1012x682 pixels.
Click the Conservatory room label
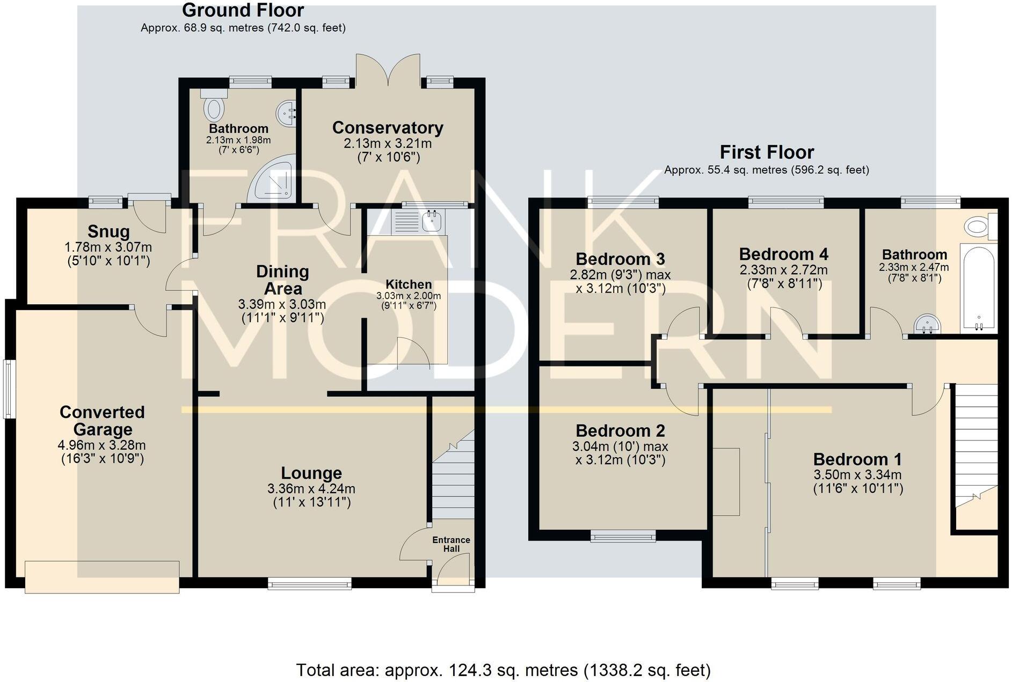(x=388, y=128)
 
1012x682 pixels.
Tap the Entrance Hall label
(x=451, y=544)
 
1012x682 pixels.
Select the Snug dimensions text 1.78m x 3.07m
(x=108, y=247)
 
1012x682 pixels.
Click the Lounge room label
(x=311, y=473)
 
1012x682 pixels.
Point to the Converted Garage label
(x=102, y=421)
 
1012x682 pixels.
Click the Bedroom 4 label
(x=783, y=254)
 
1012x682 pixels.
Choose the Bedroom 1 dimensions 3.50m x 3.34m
(x=857, y=474)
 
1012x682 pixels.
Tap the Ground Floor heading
(x=243, y=10)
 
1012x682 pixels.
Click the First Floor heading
(x=767, y=152)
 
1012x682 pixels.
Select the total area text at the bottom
(x=503, y=670)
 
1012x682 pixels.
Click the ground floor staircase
(x=454, y=478)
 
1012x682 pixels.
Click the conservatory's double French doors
(x=388, y=70)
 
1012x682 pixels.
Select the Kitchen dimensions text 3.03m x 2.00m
(x=409, y=296)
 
